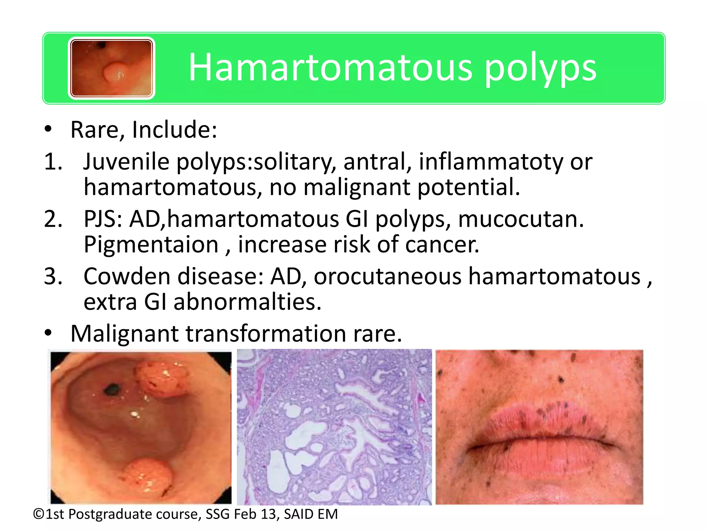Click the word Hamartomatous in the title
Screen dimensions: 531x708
click(x=330, y=67)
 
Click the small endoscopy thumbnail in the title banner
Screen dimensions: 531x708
click(x=111, y=68)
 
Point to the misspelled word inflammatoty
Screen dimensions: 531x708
click(x=491, y=162)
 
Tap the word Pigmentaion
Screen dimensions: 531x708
click(x=151, y=245)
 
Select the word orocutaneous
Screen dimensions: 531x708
click(x=387, y=277)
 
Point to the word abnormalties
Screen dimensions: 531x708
click(x=247, y=302)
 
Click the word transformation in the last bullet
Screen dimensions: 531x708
click(x=266, y=334)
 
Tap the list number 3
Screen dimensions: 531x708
click(x=53, y=277)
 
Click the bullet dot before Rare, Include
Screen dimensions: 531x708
click(x=48, y=130)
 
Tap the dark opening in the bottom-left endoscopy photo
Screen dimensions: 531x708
click(x=111, y=390)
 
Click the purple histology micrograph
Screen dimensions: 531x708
click(x=334, y=427)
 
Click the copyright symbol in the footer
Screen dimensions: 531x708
click(x=39, y=514)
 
